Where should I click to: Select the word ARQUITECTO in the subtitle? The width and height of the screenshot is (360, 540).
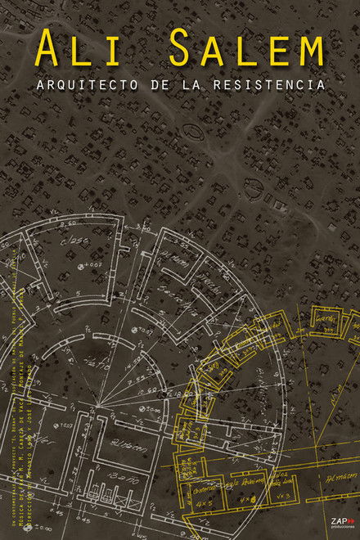point(102,83)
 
